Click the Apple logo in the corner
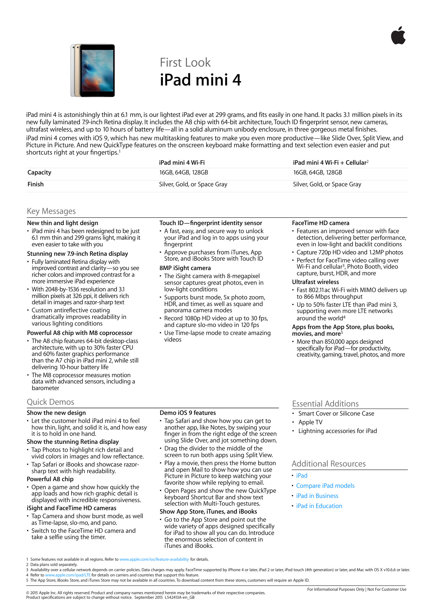398,36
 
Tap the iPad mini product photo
93,70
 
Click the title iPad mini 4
200,80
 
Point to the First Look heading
185,62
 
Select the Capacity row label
39,172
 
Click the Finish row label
36,184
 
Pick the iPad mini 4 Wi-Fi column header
182,163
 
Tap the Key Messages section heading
51,211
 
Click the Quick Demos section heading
51,402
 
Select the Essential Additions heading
325,404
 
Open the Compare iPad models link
325,486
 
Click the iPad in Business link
317,496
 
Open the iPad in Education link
319,506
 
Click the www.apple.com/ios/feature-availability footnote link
154,559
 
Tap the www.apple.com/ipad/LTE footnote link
68,575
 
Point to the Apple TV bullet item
310,422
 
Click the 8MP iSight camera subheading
185,268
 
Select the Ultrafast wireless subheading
315,282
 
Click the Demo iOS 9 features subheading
188,413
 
